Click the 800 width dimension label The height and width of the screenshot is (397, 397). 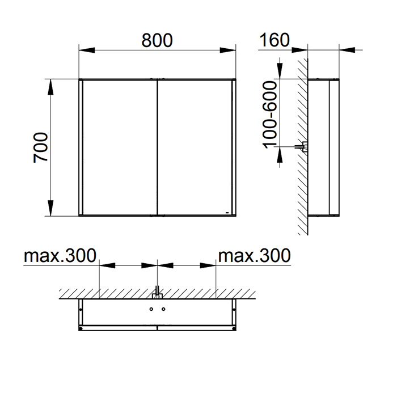157,40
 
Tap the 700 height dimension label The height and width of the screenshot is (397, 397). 40,147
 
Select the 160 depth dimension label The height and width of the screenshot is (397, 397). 274,40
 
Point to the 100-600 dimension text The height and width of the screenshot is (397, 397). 270,115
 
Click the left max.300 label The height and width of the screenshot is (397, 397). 60,255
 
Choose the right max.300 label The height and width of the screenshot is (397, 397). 255,255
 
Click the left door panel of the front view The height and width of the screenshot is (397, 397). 120,147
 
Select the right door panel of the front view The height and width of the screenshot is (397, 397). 195,147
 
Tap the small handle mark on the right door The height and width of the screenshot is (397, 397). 227,213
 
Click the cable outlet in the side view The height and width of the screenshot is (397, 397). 302,146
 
